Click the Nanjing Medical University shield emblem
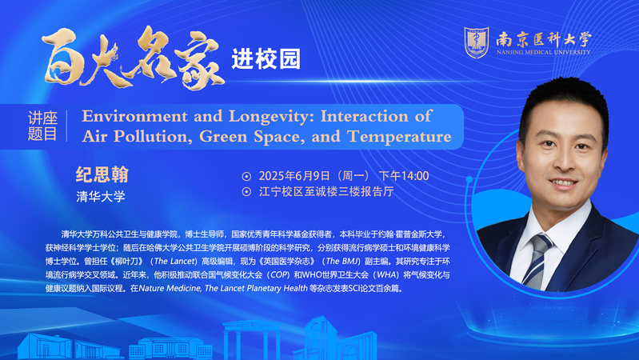(x=477, y=42)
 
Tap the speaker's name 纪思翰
(x=102, y=175)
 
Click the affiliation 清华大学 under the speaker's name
(x=101, y=197)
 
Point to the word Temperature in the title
(x=399, y=137)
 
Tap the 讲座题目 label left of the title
(x=42, y=126)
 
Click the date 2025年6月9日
(x=294, y=176)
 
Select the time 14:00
(x=415, y=176)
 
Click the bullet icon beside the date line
(x=246, y=177)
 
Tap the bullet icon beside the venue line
(x=246, y=192)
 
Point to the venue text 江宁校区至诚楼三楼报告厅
(x=326, y=192)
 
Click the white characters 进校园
(x=266, y=59)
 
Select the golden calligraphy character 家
(x=201, y=60)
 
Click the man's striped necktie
(x=537, y=261)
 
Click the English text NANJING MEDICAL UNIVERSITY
(x=543, y=52)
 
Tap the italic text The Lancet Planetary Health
(x=256, y=289)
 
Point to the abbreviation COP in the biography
(x=280, y=275)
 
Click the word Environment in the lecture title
(x=134, y=116)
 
